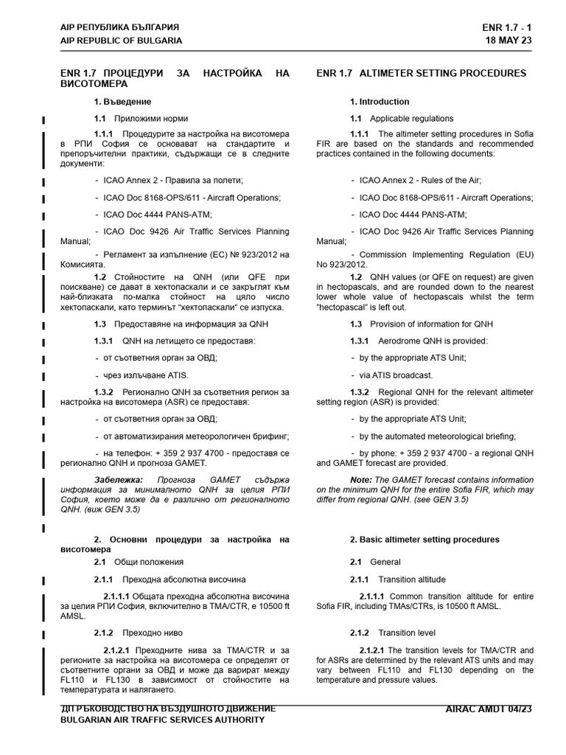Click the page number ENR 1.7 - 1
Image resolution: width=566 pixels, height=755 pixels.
506,27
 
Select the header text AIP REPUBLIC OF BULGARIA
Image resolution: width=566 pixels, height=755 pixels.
121,41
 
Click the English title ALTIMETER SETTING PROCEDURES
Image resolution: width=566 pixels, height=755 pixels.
421,73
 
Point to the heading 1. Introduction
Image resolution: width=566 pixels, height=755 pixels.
380,102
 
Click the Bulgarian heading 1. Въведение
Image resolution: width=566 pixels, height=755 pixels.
122,102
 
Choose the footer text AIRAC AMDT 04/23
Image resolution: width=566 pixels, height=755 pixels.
489,709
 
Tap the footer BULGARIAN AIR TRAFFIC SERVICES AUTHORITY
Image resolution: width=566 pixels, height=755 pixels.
162,720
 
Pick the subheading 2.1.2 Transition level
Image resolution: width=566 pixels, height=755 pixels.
393,633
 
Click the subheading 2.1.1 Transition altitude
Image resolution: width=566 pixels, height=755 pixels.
398,580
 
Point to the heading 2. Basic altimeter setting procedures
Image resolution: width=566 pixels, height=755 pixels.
424,540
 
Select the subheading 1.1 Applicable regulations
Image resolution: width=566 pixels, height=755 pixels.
402,119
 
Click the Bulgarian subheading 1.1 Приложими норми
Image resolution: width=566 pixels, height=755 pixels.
141,119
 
